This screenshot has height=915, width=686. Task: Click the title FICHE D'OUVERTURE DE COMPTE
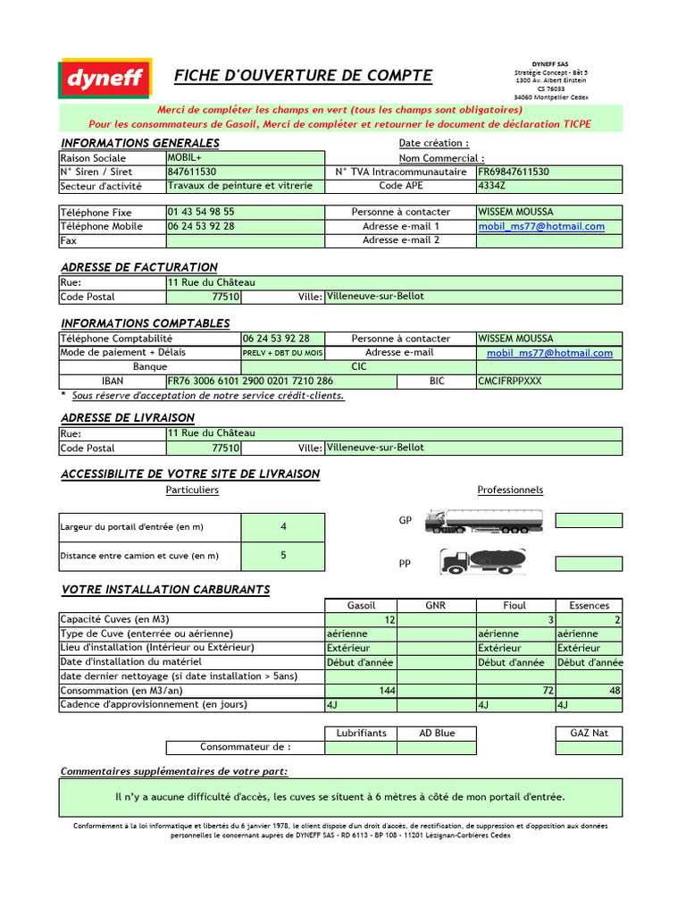303,76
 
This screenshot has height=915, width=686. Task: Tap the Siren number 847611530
192,172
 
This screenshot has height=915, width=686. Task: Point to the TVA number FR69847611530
514,172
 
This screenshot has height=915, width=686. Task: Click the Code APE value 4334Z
492,186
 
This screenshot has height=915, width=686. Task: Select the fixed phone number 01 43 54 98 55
201,213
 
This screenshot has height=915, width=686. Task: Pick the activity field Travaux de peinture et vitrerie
240,186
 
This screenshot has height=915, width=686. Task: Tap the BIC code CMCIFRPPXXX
510,381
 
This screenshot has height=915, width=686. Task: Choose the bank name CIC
359,366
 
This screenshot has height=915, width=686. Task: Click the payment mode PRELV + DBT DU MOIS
283,353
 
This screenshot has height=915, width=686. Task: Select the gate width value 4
283,527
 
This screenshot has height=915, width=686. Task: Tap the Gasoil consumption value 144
387,691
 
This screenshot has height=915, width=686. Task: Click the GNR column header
436,606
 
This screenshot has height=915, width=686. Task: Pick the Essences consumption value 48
615,691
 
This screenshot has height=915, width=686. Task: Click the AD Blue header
437,733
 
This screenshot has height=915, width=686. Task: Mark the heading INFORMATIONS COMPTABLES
145,323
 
